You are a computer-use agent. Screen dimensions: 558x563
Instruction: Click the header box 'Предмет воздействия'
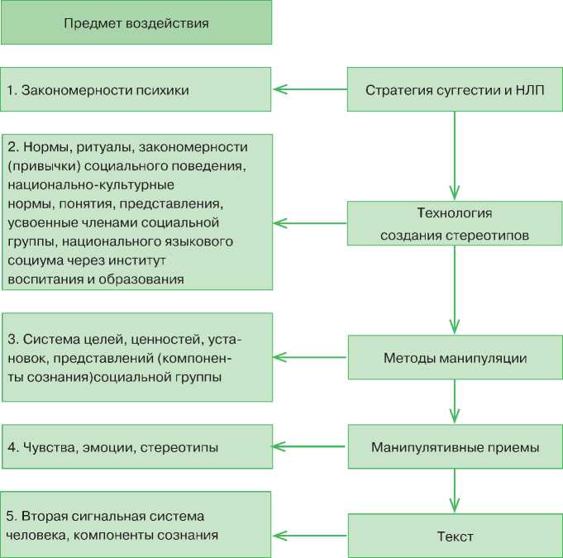[x=136, y=22]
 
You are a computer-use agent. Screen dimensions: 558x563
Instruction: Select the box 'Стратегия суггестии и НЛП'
[x=454, y=89]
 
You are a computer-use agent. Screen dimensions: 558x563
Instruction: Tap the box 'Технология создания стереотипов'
[x=454, y=223]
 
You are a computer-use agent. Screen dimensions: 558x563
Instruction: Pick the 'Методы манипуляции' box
[x=454, y=358]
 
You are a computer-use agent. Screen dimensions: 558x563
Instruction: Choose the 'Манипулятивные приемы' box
[x=454, y=447]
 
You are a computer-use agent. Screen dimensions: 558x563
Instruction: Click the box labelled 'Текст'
[x=454, y=537]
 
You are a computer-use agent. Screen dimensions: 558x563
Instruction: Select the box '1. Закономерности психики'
[x=136, y=89]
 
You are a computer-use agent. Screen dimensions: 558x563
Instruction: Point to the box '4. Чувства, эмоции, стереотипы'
[x=136, y=447]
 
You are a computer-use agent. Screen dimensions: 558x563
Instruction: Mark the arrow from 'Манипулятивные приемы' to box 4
[x=309, y=447]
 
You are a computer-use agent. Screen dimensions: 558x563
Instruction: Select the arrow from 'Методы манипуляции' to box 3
[x=309, y=358]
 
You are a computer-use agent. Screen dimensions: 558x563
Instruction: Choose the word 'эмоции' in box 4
[x=109, y=447]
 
